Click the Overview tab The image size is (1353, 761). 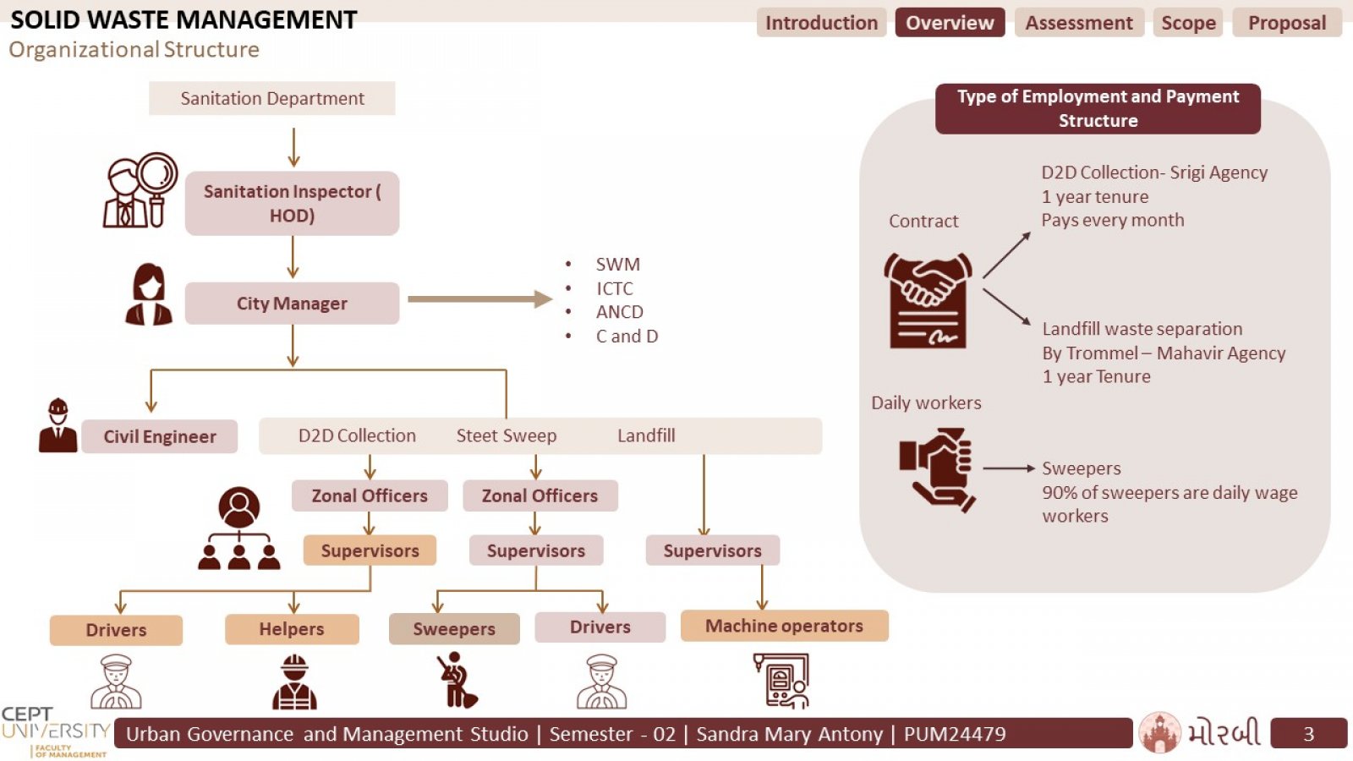tap(950, 22)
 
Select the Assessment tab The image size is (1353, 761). tap(1079, 22)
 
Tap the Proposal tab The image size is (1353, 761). tap(1286, 22)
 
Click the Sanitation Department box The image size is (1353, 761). tap(271, 98)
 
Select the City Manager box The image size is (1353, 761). tap(292, 304)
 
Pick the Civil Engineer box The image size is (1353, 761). tap(160, 436)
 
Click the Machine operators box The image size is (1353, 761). tap(784, 626)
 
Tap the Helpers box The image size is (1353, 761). tap(292, 629)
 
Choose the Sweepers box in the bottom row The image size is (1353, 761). tap(454, 629)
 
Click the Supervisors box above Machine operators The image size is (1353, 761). tap(713, 550)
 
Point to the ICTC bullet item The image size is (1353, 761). tap(614, 288)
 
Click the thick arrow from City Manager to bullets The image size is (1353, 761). tap(480, 299)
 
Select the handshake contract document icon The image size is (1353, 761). tap(928, 300)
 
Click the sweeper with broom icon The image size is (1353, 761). tap(456, 680)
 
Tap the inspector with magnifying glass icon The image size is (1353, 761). tap(140, 190)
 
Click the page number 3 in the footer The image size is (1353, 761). tap(1308, 734)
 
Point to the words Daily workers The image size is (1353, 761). tap(926, 402)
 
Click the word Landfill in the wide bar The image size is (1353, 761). tap(646, 435)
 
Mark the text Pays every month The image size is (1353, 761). tap(1113, 221)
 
